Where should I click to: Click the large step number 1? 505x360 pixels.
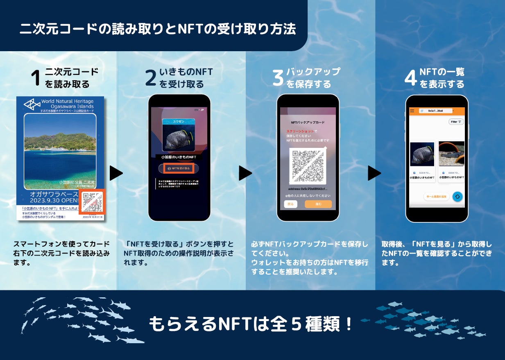point(36,78)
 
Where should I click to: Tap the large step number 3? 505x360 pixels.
point(278,78)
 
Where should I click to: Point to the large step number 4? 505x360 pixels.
point(410,78)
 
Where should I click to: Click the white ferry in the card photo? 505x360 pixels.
point(57,149)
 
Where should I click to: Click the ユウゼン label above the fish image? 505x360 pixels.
point(179,122)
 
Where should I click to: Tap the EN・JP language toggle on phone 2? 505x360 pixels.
point(199,110)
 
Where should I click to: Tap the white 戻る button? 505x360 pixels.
point(291,204)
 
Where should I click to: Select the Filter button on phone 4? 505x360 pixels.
point(456,122)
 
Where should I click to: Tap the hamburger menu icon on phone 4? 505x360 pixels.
point(412,111)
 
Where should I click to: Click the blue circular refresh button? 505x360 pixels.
point(457,197)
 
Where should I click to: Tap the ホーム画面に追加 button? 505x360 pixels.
point(436,197)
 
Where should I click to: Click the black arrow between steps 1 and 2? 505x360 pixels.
point(116,173)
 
